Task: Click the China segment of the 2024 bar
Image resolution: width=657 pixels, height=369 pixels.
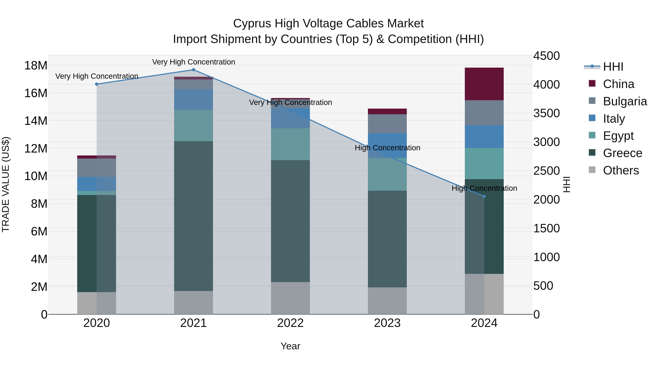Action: click(484, 84)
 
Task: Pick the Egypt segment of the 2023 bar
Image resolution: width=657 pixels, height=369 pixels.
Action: click(387, 174)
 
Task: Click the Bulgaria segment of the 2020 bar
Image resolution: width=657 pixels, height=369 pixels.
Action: click(96, 168)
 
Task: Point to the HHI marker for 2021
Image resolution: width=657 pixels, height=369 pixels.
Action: click(193, 70)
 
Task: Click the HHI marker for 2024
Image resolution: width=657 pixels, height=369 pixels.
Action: click(484, 196)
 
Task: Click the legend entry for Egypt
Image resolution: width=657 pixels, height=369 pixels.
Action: click(618, 136)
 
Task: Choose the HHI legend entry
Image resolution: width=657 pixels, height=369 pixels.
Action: click(613, 67)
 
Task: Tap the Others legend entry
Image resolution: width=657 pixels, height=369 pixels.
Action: click(620, 170)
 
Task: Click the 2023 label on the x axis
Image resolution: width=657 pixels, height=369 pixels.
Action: click(387, 323)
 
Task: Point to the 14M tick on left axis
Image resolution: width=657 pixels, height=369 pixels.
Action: click(36, 121)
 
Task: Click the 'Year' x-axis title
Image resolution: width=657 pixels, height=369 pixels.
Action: click(290, 346)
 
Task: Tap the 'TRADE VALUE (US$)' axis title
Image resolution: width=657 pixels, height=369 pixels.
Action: click(6, 184)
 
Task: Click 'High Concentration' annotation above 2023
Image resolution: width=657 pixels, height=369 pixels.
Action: click(387, 148)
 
